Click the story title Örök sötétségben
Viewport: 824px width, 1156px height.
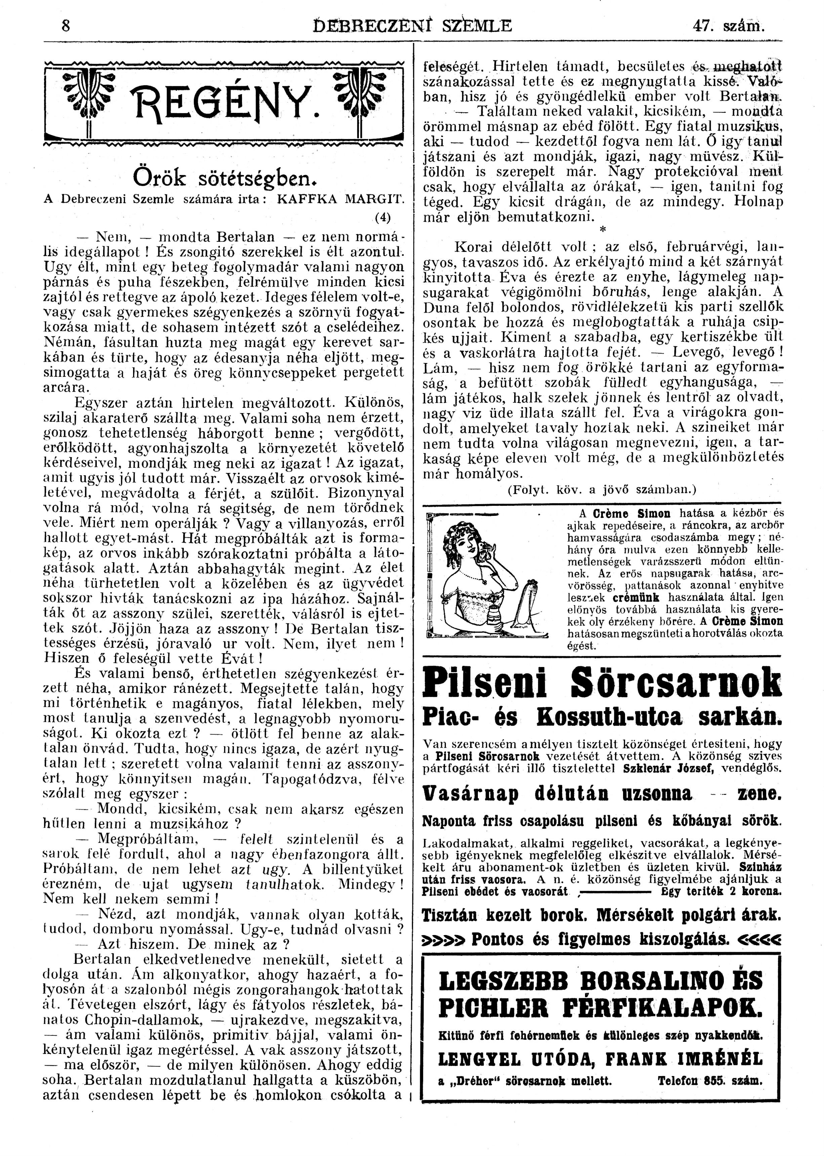tap(221, 177)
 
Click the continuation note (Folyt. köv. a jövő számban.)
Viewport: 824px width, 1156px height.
tap(602, 490)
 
